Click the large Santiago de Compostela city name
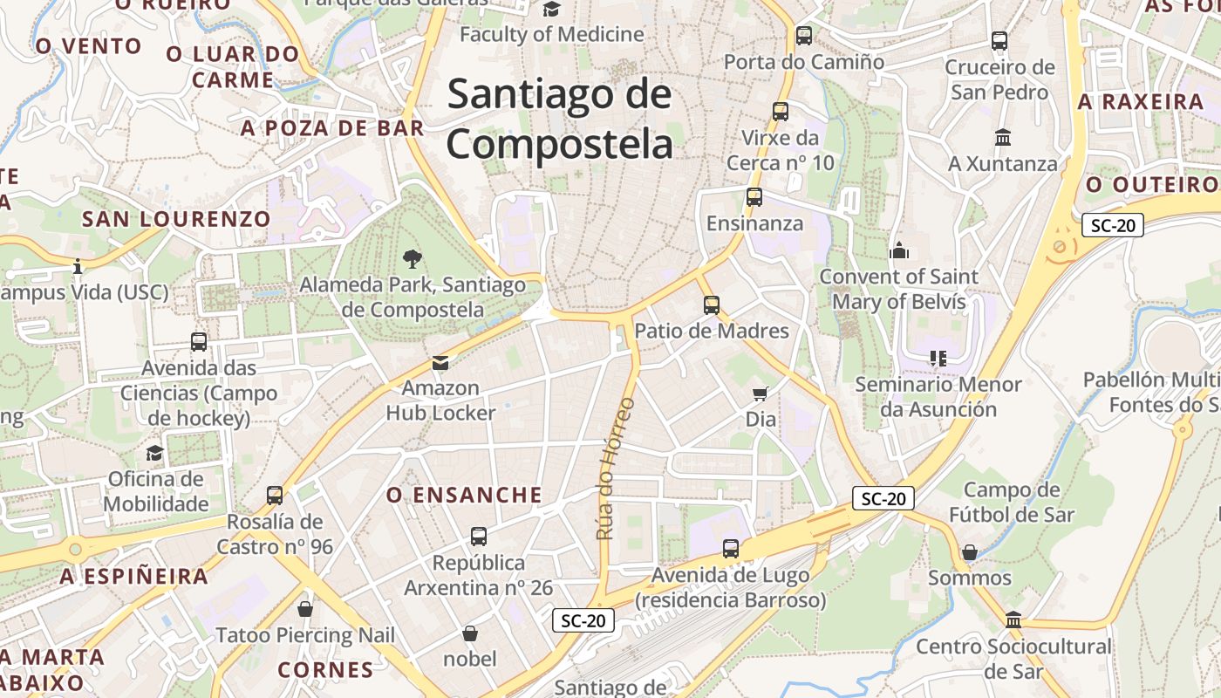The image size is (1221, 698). [559, 120]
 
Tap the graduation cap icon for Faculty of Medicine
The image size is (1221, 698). [551, 10]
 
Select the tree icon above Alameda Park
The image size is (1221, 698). [413, 258]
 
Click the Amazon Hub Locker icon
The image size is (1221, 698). [440, 362]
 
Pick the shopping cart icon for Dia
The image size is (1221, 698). [761, 394]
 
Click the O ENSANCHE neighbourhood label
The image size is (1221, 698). [464, 496]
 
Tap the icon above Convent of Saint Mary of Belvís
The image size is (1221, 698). [899, 251]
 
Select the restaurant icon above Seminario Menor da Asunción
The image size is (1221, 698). [938, 359]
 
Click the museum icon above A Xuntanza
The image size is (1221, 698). [1002, 138]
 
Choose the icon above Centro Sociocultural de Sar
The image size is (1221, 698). [1013, 619]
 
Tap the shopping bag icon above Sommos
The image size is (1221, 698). [969, 552]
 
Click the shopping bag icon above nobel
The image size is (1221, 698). [470, 633]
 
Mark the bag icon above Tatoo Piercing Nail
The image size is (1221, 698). [304, 609]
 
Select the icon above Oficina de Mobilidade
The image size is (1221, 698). [154, 453]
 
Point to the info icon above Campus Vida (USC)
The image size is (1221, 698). [78, 265]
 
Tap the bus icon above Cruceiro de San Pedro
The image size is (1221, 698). [999, 41]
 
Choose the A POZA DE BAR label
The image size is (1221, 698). [332, 128]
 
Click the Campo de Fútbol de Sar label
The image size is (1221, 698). [1012, 502]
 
